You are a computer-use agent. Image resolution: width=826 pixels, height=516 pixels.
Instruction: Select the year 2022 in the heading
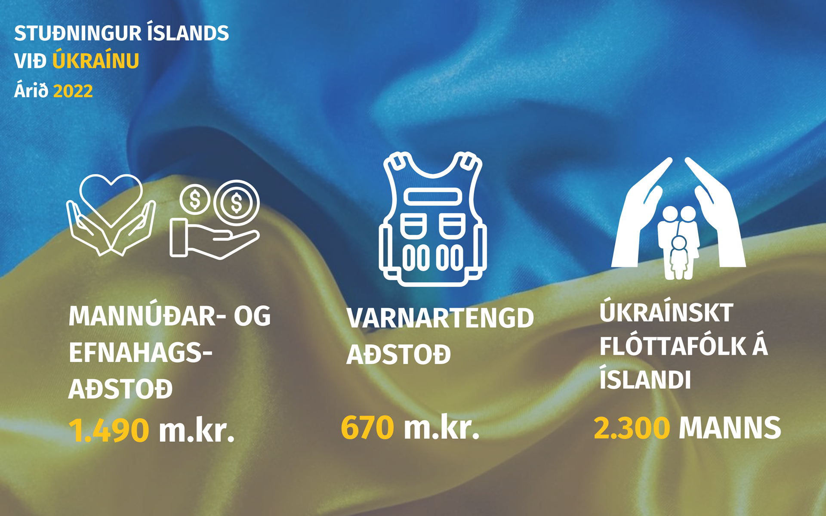pyautogui.click(x=73, y=91)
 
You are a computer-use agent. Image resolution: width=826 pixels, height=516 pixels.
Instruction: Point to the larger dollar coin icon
pyautogui.click(x=237, y=203)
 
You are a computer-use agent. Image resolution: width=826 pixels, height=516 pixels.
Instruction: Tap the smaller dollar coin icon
pyautogui.click(x=195, y=200)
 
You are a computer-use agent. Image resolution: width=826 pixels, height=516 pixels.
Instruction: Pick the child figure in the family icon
pyautogui.click(x=679, y=257)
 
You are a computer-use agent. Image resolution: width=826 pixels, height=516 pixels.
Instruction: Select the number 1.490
pyautogui.click(x=109, y=430)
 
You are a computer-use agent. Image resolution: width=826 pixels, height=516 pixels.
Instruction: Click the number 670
pyautogui.click(x=367, y=427)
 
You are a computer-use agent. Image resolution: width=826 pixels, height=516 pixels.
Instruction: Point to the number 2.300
pyautogui.click(x=632, y=428)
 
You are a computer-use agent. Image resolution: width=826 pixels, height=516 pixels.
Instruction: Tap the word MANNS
pyautogui.click(x=730, y=428)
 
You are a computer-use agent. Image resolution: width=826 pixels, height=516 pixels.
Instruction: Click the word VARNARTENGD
pyautogui.click(x=440, y=318)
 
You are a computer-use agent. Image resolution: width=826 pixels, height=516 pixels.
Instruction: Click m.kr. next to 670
pyautogui.click(x=441, y=427)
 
